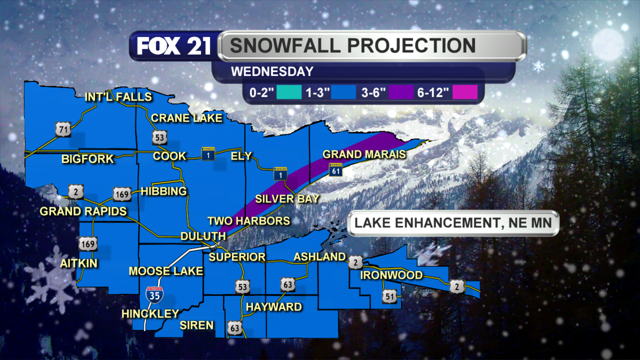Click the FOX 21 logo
174,46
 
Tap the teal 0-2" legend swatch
289,92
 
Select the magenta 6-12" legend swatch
465,92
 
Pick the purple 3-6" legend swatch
401,92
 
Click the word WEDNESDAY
272,72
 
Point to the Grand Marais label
364,154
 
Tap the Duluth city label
203,236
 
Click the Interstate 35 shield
154,295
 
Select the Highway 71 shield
63,129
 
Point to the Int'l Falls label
118,97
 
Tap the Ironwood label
391,275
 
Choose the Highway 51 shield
390,296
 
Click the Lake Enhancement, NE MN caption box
453,223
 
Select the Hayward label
274,307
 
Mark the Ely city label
241,156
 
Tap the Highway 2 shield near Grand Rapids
76,192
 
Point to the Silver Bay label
287,199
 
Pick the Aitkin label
79,264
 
